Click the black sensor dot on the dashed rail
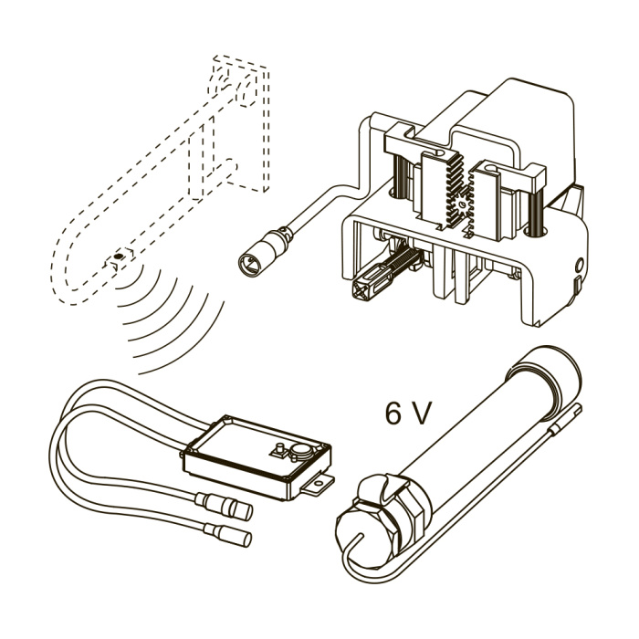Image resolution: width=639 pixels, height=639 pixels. (119, 257)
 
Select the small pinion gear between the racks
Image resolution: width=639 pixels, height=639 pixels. (463, 203)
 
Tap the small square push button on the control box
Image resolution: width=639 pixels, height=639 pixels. (280, 449)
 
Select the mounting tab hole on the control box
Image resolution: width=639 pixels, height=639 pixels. (318, 483)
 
